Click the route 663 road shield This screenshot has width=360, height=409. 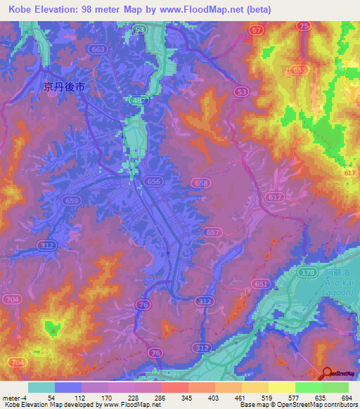click(99, 49)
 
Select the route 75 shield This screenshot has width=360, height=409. click(304, 26)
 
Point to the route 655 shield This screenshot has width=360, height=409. click(300, 70)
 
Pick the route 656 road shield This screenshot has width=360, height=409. click(154, 181)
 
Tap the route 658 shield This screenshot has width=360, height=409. click(200, 183)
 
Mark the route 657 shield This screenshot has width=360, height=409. click(214, 232)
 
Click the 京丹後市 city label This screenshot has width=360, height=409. click(64, 87)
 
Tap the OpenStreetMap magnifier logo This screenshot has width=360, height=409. click(326, 372)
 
